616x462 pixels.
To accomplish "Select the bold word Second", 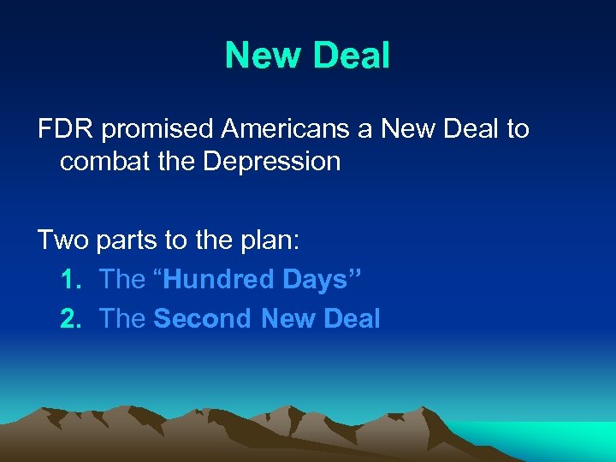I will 204,318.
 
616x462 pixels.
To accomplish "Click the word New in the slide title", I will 262,56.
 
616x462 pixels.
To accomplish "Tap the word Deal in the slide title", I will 351,56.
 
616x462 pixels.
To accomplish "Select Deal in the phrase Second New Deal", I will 347,318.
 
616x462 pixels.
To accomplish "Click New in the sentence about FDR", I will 410,129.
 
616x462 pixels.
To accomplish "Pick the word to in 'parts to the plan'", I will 176,241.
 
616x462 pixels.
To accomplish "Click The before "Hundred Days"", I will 122,279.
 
